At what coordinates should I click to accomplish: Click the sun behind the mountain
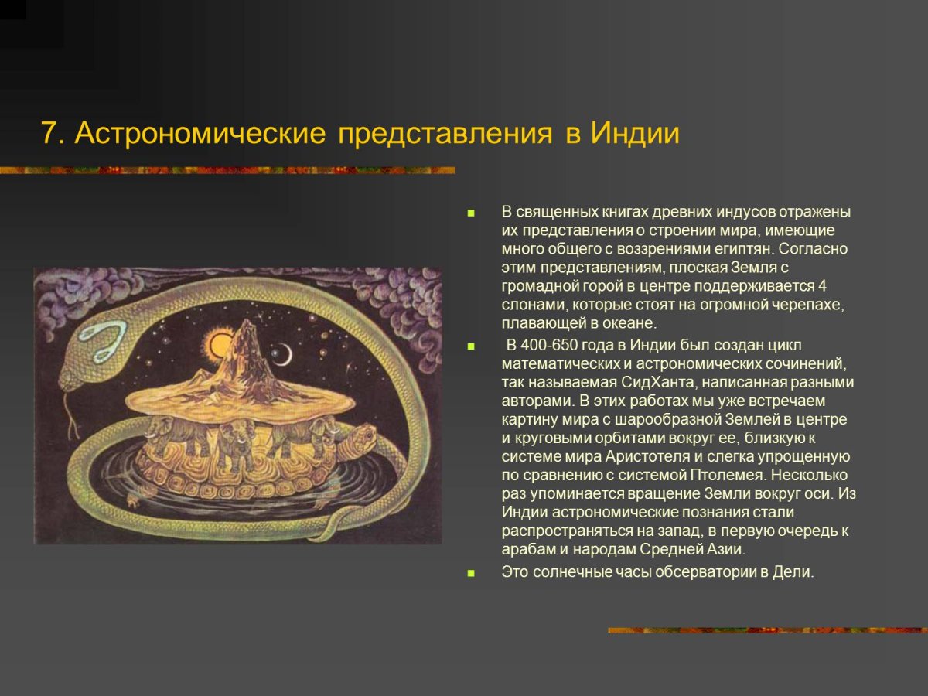click(x=218, y=343)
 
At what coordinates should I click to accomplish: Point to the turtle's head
click(x=360, y=438)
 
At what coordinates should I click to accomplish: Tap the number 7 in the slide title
click(x=50, y=134)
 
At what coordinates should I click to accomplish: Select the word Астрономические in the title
click(x=200, y=134)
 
